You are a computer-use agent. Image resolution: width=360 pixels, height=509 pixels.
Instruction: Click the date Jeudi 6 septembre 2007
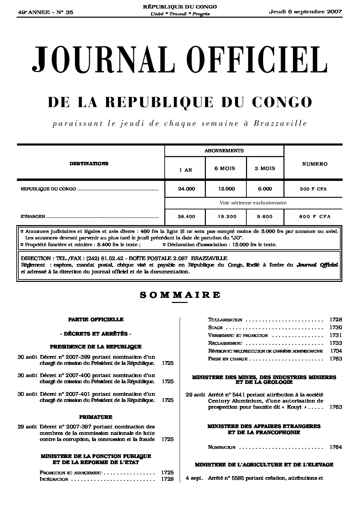coord(305,12)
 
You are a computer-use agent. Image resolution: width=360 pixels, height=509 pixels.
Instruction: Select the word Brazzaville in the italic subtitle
coord(280,123)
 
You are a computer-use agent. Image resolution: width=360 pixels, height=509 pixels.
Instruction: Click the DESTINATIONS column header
coord(89,164)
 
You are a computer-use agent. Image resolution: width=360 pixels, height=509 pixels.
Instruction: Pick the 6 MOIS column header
coord(225,168)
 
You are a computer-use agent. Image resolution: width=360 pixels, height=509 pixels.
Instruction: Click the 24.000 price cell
coord(186,189)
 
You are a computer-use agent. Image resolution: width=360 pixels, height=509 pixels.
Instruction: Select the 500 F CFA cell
coord(313,189)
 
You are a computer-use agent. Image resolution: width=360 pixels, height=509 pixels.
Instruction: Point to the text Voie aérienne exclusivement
coord(253,203)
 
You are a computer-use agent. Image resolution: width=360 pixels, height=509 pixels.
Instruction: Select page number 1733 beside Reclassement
coord(336,343)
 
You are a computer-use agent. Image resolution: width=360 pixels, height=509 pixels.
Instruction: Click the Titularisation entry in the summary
coord(225,320)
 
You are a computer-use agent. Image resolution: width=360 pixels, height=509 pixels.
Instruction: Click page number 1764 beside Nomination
coord(336,447)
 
